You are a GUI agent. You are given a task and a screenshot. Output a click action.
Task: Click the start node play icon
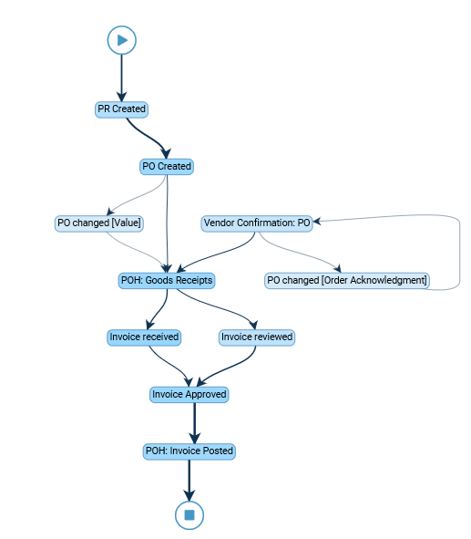tap(122, 40)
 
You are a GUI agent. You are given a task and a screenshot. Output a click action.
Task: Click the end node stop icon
tap(189, 515)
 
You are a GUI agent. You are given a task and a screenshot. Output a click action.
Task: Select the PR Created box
tap(121, 109)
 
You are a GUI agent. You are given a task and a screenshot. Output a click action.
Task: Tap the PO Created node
tap(167, 167)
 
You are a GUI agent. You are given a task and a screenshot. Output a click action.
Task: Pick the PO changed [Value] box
tap(99, 223)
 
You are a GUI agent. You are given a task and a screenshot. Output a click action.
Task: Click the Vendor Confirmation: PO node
tap(257, 223)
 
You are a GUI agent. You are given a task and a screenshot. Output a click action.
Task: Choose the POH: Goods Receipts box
tap(167, 281)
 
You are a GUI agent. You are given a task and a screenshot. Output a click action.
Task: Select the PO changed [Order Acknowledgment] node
tap(347, 281)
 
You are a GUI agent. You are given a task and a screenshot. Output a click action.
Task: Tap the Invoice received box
tap(144, 337)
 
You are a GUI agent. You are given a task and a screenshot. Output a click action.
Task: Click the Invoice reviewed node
tap(257, 337)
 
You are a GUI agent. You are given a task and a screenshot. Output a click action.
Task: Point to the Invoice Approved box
tap(189, 394)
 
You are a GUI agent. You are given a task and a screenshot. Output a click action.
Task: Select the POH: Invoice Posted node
tap(189, 451)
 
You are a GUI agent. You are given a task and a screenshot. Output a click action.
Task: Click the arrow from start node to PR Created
tap(121, 78)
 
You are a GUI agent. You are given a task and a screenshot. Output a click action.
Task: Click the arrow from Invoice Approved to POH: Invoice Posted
tap(195, 423)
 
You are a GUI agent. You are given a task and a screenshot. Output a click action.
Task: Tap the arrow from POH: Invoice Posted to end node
tap(189, 480)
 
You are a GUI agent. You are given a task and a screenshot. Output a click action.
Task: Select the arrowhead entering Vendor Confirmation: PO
tap(316, 221)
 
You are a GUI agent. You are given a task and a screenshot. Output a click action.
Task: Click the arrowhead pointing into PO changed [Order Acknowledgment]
tap(338, 268)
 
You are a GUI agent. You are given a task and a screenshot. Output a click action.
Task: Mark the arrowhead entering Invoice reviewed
tap(253, 325)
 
